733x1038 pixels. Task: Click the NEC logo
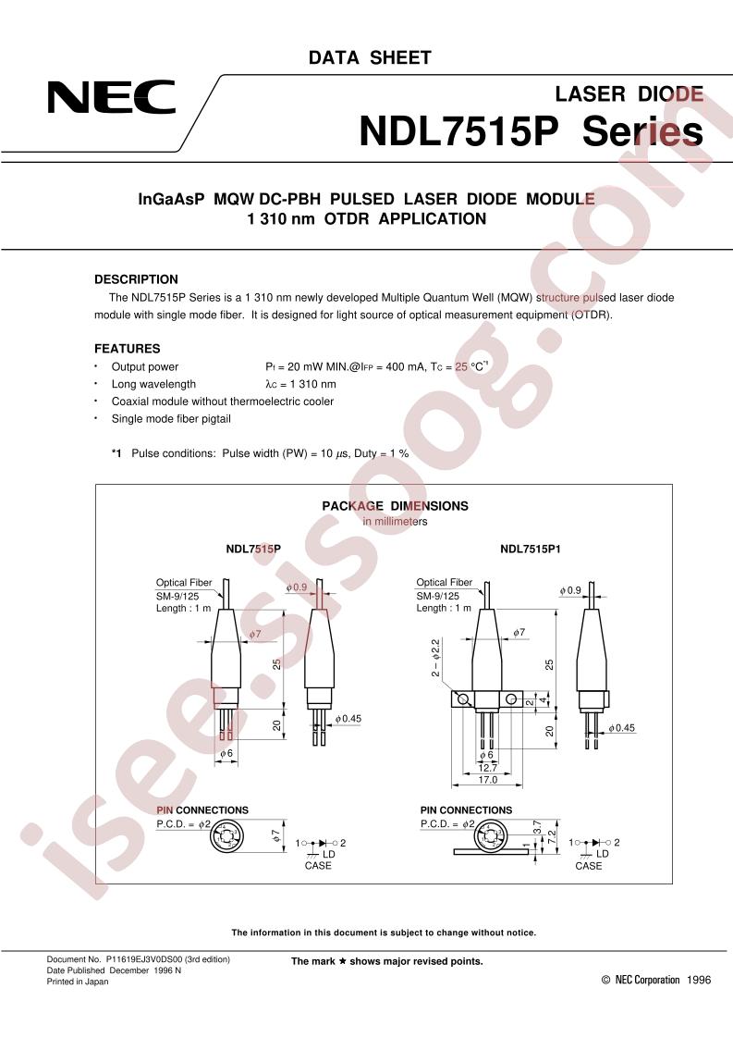[111, 98]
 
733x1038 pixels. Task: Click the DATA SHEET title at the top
[370, 57]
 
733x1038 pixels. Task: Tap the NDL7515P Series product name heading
[531, 131]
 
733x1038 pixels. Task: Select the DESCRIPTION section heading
[136, 279]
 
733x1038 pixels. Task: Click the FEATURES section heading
[127, 348]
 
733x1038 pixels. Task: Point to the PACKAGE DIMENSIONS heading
[395, 506]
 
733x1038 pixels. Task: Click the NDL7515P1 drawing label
[531, 549]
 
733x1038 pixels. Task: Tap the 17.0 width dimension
[487, 780]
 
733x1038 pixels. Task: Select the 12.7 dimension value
[487, 768]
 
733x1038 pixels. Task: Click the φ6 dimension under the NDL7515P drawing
[226, 753]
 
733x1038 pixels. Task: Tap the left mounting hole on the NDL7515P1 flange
[464, 699]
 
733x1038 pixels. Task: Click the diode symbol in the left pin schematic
[324, 843]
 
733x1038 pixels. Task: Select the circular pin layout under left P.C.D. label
[226, 837]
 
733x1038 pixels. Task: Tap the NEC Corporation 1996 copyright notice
[656, 980]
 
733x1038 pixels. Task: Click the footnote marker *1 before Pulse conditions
[116, 453]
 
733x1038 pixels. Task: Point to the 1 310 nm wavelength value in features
[313, 384]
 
